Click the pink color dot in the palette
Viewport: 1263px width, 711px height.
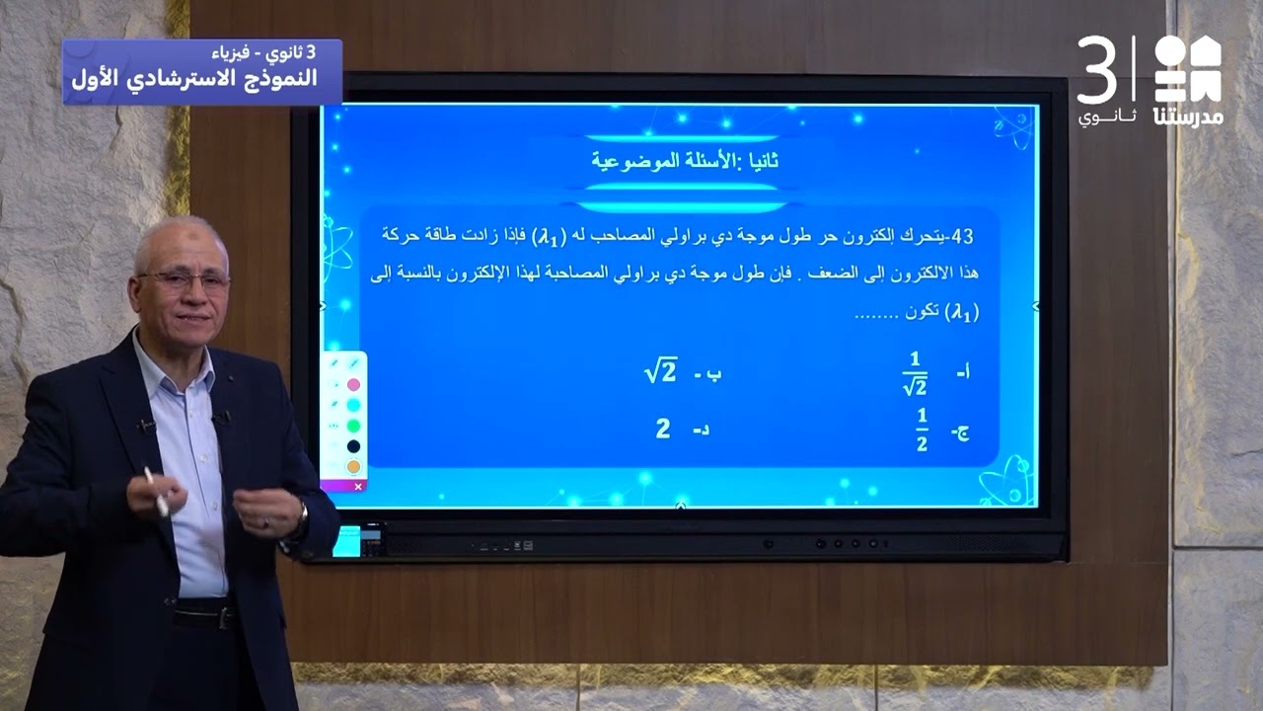pyautogui.click(x=353, y=384)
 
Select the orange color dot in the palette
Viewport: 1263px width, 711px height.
pyautogui.click(x=353, y=466)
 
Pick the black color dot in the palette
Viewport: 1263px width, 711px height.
pyautogui.click(x=353, y=446)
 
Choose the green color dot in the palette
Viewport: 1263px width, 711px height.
pyautogui.click(x=353, y=426)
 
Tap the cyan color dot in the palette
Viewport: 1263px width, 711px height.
pyautogui.click(x=353, y=405)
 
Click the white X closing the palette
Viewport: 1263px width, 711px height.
pyautogui.click(x=358, y=486)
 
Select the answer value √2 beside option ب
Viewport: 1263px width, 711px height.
pyautogui.click(x=660, y=372)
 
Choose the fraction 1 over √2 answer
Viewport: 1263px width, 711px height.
pyautogui.click(x=915, y=372)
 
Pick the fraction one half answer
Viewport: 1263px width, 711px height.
pyautogui.click(x=922, y=431)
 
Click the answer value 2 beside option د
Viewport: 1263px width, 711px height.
pyautogui.click(x=663, y=429)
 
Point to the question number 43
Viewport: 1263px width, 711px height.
pyautogui.click(x=956, y=237)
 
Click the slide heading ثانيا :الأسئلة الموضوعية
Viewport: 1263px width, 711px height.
pyautogui.click(x=686, y=161)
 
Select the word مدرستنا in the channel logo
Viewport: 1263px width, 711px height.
pyautogui.click(x=1188, y=116)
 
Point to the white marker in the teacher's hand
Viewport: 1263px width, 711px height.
pyautogui.click(x=156, y=491)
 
